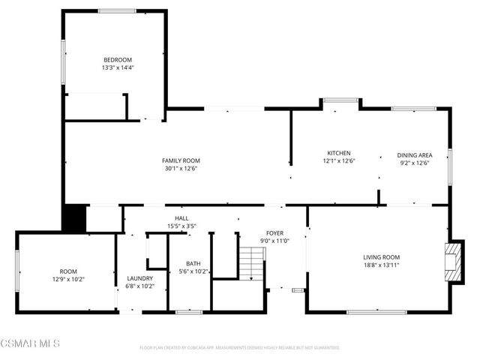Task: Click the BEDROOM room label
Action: click(118, 60)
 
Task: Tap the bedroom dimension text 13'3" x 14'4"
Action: click(118, 67)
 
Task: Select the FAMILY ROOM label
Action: click(181, 160)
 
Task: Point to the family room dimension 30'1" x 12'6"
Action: click(181, 168)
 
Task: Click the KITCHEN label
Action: click(338, 153)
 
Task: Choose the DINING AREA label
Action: click(414, 155)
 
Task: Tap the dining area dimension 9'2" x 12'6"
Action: click(414, 163)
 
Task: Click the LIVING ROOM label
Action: click(382, 257)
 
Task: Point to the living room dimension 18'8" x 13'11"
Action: click(382, 265)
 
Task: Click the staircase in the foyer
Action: click(253, 264)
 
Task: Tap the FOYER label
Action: click(274, 233)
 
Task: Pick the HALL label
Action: click(181, 218)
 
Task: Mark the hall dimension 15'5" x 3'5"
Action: click(181, 226)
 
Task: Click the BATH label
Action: click(193, 264)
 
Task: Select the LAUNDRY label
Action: click(139, 278)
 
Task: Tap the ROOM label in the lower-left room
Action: click(68, 271)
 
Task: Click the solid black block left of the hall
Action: click(75, 219)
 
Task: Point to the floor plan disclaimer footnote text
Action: click(240, 348)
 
